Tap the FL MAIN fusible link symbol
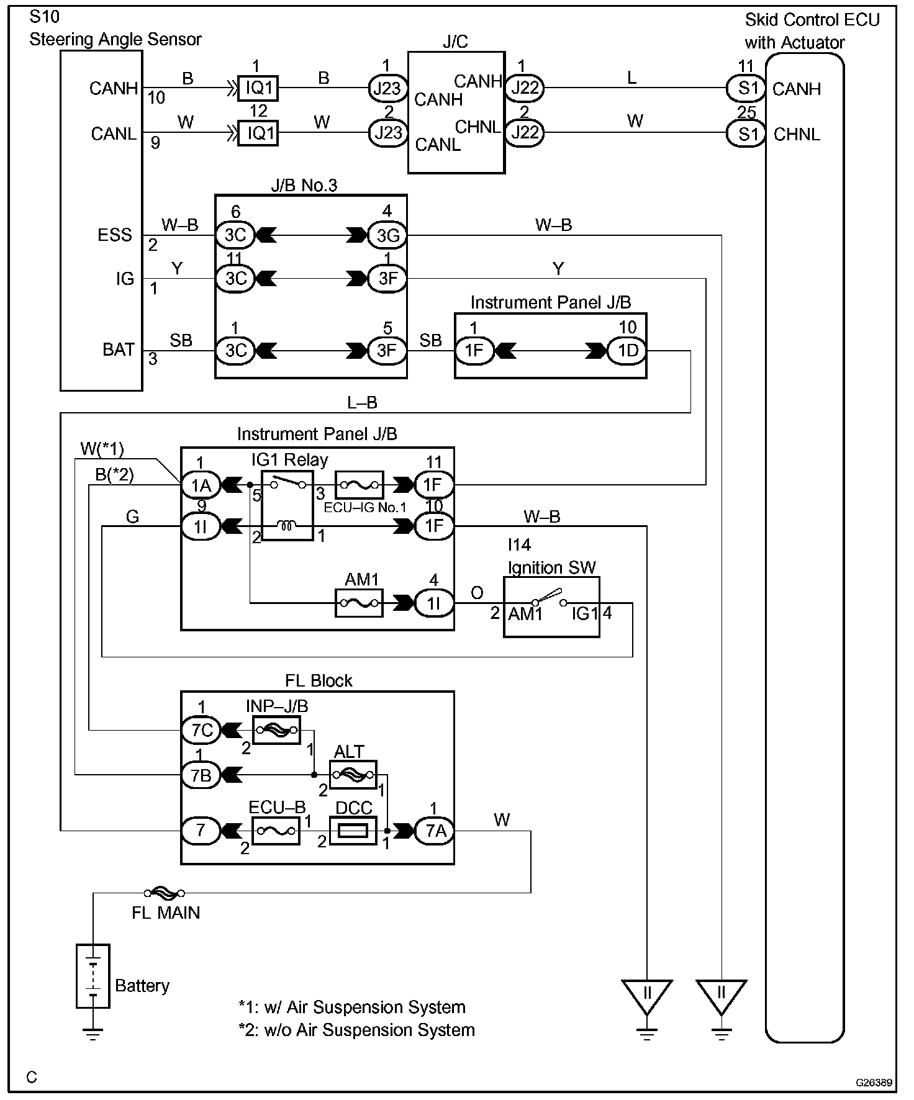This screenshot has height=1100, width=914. click(165, 893)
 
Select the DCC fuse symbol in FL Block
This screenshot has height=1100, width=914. click(353, 831)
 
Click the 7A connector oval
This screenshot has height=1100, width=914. click(435, 831)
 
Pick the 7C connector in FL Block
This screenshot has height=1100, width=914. click(201, 730)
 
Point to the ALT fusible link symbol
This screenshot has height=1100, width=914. click(353, 774)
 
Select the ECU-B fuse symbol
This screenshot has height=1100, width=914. click(276, 831)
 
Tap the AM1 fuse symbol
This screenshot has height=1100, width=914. click(359, 603)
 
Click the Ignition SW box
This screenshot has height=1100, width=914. click(551, 606)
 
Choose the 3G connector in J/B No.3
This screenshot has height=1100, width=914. click(387, 235)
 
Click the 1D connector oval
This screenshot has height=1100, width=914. click(627, 351)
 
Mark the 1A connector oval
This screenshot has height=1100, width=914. click(200, 485)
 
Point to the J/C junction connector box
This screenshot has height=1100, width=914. click(456, 112)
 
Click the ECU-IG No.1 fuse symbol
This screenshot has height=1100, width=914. click(359, 485)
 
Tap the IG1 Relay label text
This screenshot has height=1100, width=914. click(289, 460)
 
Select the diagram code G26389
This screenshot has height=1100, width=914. click(874, 1083)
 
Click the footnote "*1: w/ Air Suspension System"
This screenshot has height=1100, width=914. click(351, 1007)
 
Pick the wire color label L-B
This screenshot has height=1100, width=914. click(362, 403)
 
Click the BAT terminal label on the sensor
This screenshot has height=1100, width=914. click(119, 349)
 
